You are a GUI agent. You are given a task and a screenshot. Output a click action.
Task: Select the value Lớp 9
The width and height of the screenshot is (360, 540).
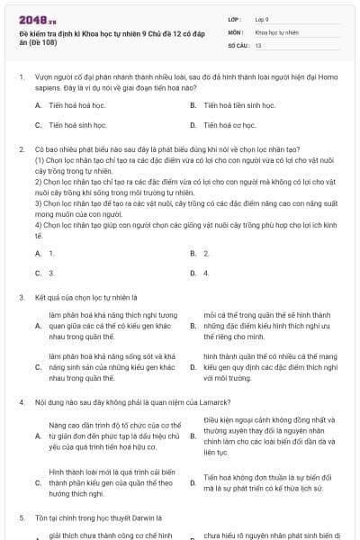tap(264, 19)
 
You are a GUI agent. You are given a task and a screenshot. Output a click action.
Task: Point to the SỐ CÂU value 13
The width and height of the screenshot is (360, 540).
tap(258, 44)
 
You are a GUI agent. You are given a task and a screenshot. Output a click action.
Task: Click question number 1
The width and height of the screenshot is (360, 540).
tap(21, 77)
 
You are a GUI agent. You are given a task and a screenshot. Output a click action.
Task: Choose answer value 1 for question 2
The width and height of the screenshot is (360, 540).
tap(51, 254)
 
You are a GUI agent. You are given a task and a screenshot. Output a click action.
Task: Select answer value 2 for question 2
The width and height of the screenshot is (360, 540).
tap(206, 254)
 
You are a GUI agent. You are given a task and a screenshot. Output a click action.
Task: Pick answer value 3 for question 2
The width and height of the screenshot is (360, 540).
tap(51, 273)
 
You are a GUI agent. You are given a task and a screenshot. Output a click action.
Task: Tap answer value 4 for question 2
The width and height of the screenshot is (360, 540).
tap(206, 273)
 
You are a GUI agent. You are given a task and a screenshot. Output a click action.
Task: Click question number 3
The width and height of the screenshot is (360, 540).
tap(21, 296)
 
